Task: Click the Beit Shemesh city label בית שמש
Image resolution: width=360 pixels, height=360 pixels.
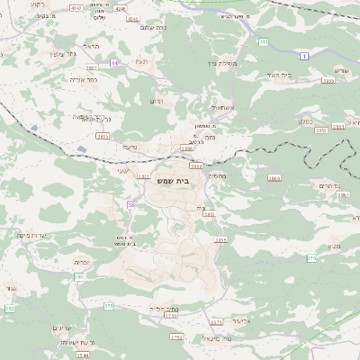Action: (x=180, y=180)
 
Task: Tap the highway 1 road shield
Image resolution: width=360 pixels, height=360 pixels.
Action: (x=305, y=56)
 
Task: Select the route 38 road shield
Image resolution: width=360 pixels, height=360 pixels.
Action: (x=130, y=205)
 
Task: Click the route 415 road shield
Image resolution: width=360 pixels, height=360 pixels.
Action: (x=263, y=41)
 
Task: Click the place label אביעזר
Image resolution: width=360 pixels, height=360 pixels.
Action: (x=237, y=319)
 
